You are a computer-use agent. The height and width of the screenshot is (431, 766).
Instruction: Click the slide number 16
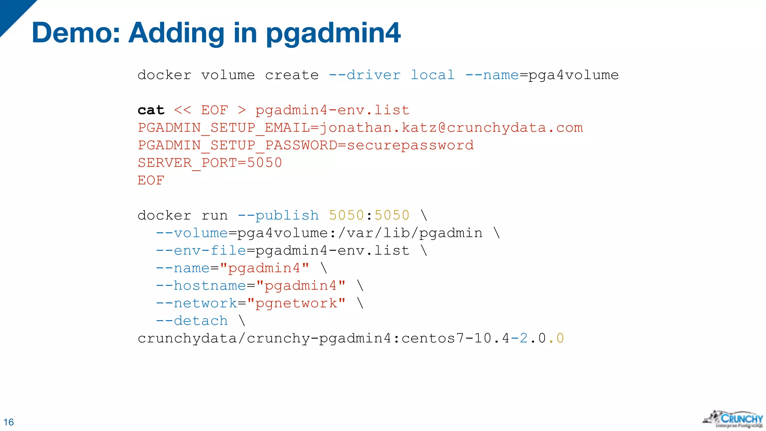coord(9,422)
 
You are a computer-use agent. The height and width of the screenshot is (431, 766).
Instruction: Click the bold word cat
coord(151,110)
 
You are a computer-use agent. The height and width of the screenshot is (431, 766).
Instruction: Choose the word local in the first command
coord(433,75)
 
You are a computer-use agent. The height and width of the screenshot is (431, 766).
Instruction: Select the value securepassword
coord(410,145)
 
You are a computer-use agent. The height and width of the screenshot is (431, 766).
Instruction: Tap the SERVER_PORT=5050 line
coord(210,163)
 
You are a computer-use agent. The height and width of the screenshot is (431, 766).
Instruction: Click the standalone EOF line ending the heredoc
coord(151,180)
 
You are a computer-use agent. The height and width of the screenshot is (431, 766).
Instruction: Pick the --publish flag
coord(278,215)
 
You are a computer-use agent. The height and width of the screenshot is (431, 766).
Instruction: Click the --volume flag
coord(192,233)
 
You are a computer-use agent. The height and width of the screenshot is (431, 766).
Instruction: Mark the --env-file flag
coord(201,251)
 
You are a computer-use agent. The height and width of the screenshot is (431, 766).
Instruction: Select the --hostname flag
coord(201,286)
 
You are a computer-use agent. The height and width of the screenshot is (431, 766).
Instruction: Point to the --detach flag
coord(192,321)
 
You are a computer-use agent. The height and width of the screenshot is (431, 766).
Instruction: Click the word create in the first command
coord(292,75)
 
